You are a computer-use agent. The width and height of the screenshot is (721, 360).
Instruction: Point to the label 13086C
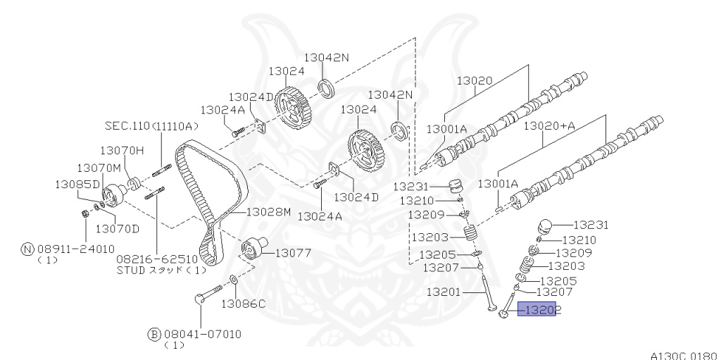243,304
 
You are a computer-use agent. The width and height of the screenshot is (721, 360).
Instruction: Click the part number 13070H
121,150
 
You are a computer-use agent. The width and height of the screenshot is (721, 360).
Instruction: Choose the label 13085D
78,184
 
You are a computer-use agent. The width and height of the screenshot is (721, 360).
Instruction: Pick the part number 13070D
118,228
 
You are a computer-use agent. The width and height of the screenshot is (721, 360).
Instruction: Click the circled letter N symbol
27,249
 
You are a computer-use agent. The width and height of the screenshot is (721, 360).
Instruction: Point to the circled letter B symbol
154,334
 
